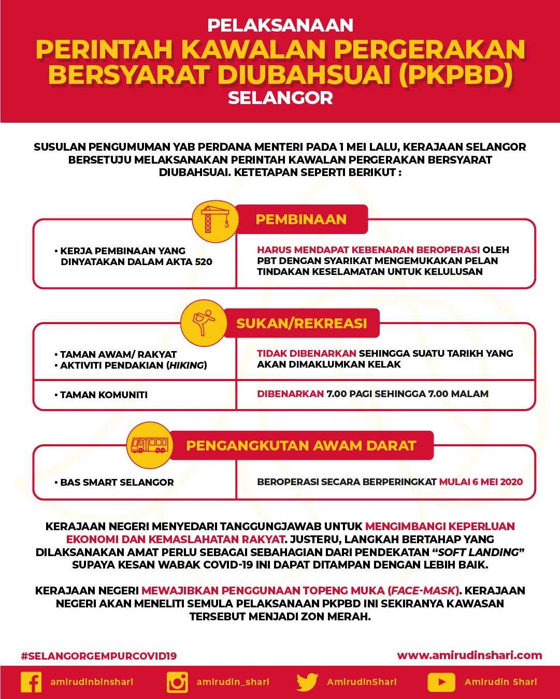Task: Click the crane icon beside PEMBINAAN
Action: pyautogui.click(x=214, y=221)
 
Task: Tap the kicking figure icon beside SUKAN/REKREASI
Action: pyautogui.click(x=204, y=323)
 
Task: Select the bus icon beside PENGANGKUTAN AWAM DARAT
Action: pyautogui.click(x=149, y=445)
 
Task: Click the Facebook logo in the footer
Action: pyautogui.click(x=31, y=682)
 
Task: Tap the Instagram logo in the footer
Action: pyautogui.click(x=177, y=682)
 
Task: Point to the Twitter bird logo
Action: pyautogui.click(x=307, y=682)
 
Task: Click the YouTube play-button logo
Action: pyautogui.click(x=441, y=682)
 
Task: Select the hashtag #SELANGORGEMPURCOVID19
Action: pyautogui.click(x=98, y=656)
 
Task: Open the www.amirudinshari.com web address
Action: pyautogui.click(x=469, y=656)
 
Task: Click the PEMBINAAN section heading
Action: pyautogui.click(x=301, y=220)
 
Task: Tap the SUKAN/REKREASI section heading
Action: pyautogui.click(x=301, y=324)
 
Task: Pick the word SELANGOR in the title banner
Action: pyautogui.click(x=280, y=98)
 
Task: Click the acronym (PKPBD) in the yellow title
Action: pyautogui.click(x=456, y=75)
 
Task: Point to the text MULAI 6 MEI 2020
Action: pyautogui.click(x=481, y=482)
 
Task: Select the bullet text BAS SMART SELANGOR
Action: pyautogui.click(x=117, y=483)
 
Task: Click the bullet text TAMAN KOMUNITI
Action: pyautogui.click(x=104, y=395)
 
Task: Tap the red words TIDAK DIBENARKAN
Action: pyautogui.click(x=306, y=354)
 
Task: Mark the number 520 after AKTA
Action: pyautogui.click(x=204, y=262)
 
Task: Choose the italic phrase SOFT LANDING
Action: pyautogui.click(x=478, y=552)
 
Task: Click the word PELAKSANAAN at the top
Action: pyautogui.click(x=280, y=25)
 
